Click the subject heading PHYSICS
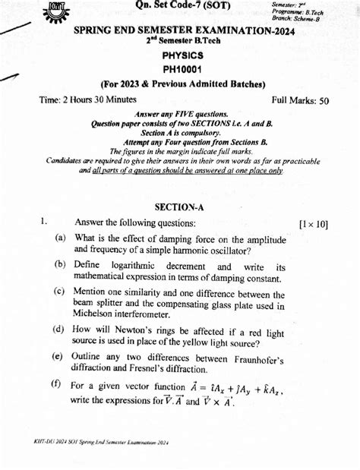coord(182,55)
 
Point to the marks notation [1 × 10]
coord(312,224)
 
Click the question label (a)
coord(59,239)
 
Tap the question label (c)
coord(59,292)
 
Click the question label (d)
coord(59,329)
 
